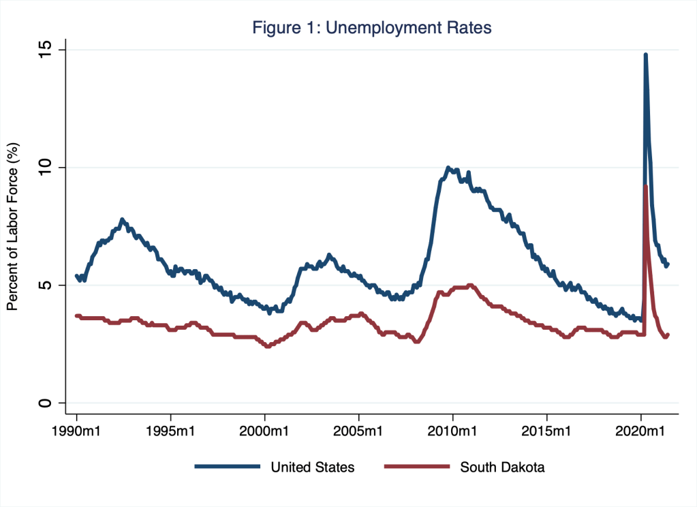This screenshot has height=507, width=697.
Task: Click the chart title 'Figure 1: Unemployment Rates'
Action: [372, 28]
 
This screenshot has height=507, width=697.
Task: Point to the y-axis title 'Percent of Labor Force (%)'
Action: [12, 226]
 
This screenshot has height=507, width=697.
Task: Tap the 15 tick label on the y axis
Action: [46, 50]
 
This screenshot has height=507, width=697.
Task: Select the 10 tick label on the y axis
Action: [46, 168]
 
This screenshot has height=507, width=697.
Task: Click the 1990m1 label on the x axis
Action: [76, 431]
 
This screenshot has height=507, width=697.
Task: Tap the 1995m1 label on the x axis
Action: [170, 431]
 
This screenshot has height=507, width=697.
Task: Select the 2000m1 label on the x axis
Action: [264, 431]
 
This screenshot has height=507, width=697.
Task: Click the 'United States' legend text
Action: [313, 467]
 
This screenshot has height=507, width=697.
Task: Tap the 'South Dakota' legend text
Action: [502, 467]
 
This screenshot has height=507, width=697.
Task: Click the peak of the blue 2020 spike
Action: [645, 55]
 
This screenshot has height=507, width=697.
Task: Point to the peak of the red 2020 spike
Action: [645, 186]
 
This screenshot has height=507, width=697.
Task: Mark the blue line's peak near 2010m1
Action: [448, 168]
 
